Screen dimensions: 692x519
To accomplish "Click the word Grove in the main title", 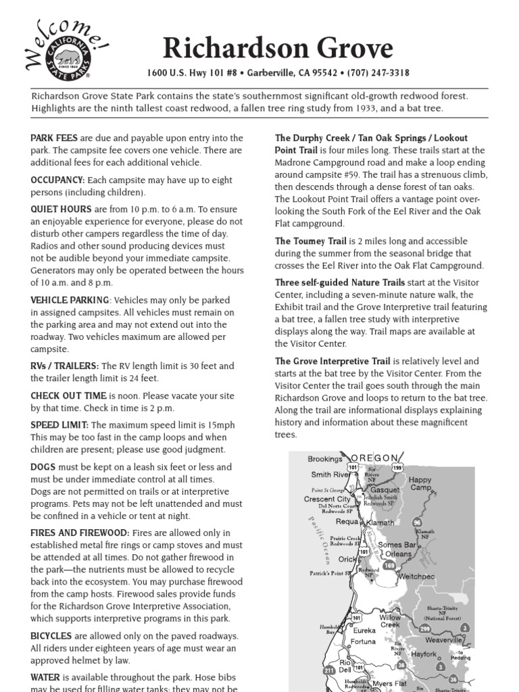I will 348,48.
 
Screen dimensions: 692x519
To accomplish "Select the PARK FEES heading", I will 54,138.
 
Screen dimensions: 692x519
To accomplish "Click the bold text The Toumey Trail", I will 311,241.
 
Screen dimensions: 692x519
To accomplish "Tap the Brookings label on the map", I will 325,459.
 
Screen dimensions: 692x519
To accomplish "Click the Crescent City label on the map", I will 328,499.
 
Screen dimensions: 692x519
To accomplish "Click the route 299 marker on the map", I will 424,628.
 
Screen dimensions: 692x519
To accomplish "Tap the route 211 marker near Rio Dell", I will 328,670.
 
